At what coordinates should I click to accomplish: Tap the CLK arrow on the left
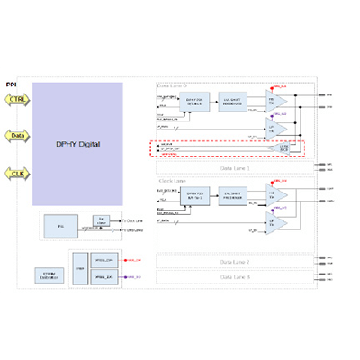pyautogui.click(x=17, y=172)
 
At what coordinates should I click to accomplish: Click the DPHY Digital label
pyautogui.click(x=77, y=143)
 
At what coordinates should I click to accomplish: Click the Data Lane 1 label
pyautogui.click(x=236, y=167)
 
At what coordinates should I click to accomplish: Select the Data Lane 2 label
pyautogui.click(x=236, y=261)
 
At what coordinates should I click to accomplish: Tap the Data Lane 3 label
pyautogui.click(x=236, y=276)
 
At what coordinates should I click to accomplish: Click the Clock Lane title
pyautogui.click(x=173, y=182)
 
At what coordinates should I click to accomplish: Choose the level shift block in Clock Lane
pyautogui.click(x=237, y=195)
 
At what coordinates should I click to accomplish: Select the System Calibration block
pyautogui.click(x=48, y=275)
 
